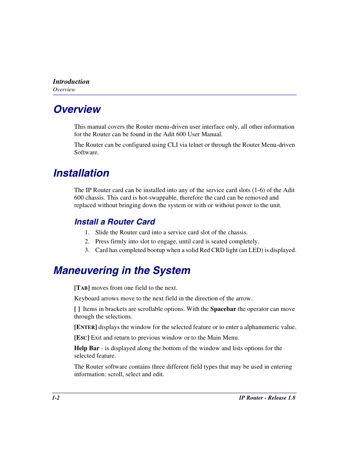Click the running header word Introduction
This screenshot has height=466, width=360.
[x=71, y=82]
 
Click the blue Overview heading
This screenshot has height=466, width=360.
[x=77, y=109]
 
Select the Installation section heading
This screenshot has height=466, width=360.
[x=81, y=173]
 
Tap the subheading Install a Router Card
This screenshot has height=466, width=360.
[x=115, y=222]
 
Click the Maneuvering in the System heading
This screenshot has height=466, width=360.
[x=122, y=271]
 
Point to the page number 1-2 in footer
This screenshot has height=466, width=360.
[x=56, y=398]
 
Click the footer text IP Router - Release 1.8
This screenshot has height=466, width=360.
[x=267, y=398]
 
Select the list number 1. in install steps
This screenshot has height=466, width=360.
[x=87, y=232]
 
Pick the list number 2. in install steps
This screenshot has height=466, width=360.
[x=87, y=241]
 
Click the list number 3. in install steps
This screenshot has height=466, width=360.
[x=87, y=250]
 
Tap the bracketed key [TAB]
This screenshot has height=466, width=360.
[x=82, y=288]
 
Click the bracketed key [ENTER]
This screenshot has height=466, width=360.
[x=85, y=327]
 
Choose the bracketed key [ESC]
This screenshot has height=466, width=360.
[x=82, y=338]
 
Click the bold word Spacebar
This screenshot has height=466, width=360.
[x=223, y=309]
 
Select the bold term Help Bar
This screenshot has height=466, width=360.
[x=87, y=348]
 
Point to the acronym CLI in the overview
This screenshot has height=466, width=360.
[x=172, y=145]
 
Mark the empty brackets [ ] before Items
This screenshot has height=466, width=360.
[x=77, y=309]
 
